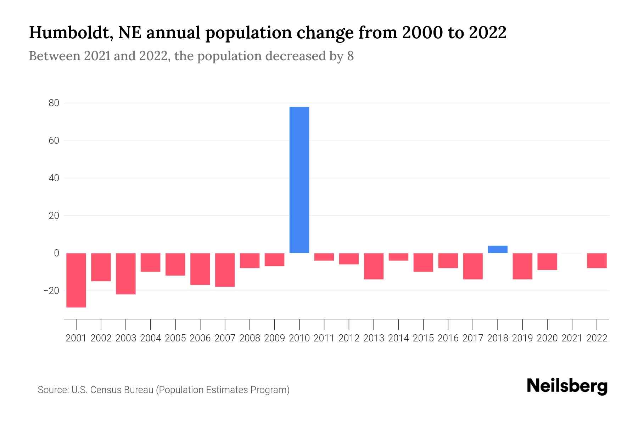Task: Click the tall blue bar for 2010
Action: click(299, 180)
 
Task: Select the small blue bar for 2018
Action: click(497, 249)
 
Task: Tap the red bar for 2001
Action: click(76, 280)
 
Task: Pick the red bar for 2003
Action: click(126, 274)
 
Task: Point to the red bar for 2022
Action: click(597, 261)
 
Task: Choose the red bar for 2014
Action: click(398, 257)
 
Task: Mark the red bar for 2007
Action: click(225, 270)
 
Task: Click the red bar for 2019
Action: click(522, 266)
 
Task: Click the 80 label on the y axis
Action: click(54, 103)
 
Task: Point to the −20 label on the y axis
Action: click(51, 291)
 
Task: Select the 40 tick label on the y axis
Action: click(54, 178)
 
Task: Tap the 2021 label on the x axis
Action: click(572, 338)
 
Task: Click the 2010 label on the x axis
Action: click(299, 338)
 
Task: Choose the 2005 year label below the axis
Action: click(175, 338)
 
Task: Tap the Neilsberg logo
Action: click(567, 386)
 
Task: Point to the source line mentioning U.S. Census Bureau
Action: click(163, 390)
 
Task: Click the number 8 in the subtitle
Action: click(350, 56)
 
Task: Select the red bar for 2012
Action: click(349, 259)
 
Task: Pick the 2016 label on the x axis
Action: click(448, 338)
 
